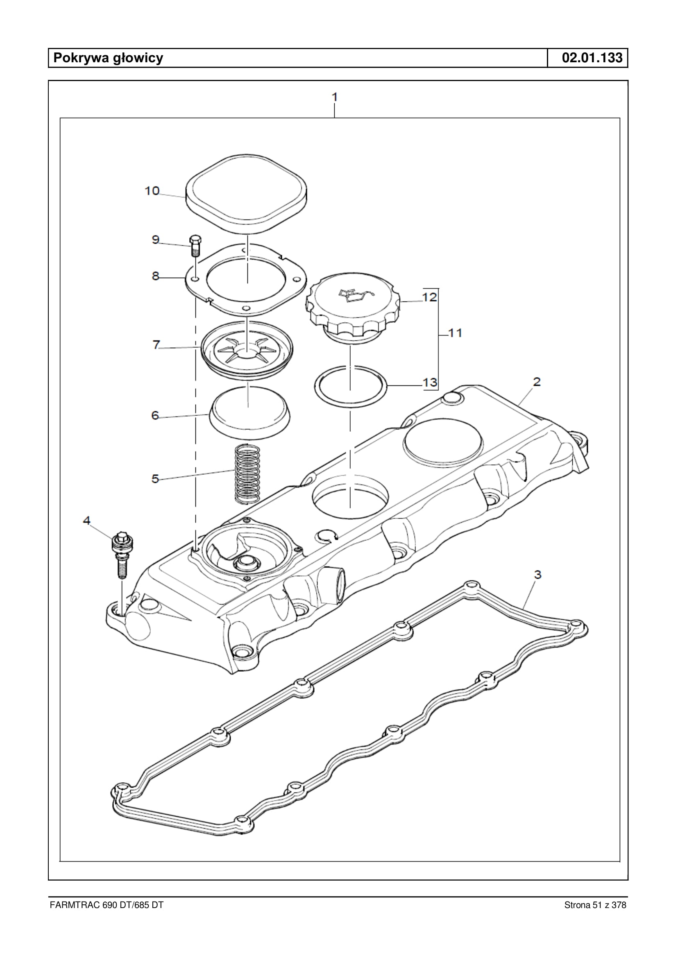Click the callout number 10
[x=152, y=191]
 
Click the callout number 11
[x=455, y=333]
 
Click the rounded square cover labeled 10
[x=246, y=195]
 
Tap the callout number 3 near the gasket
[x=538, y=575]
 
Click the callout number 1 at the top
[x=334, y=97]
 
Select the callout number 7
[x=156, y=345]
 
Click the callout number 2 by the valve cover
[x=537, y=382]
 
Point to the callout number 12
[x=430, y=297]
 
